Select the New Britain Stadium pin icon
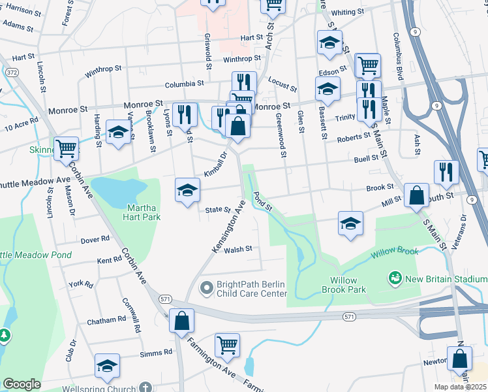[394, 279]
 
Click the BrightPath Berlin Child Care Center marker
[207, 287]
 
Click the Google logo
[22, 384]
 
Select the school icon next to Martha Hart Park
[187, 191]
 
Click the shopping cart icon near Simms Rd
[227, 344]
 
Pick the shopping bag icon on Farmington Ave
[181, 320]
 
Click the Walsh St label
[237, 249]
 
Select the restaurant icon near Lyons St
[185, 115]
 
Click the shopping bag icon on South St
[416, 195]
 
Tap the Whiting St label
[347, 12]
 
